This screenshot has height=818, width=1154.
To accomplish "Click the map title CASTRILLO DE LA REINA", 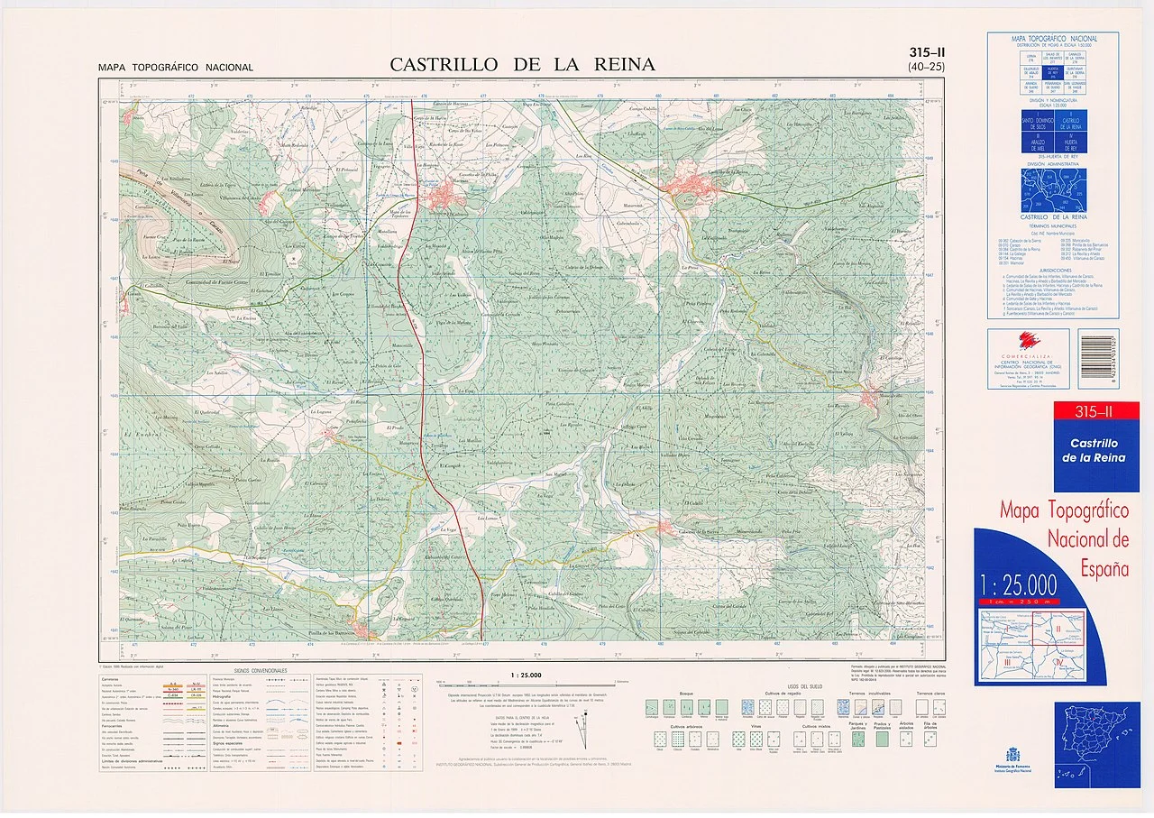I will tap(523, 64).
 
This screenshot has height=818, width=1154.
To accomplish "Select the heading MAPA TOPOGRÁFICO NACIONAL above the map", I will tap(176, 68).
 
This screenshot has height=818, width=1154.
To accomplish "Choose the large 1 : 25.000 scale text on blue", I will tap(1030, 578).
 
